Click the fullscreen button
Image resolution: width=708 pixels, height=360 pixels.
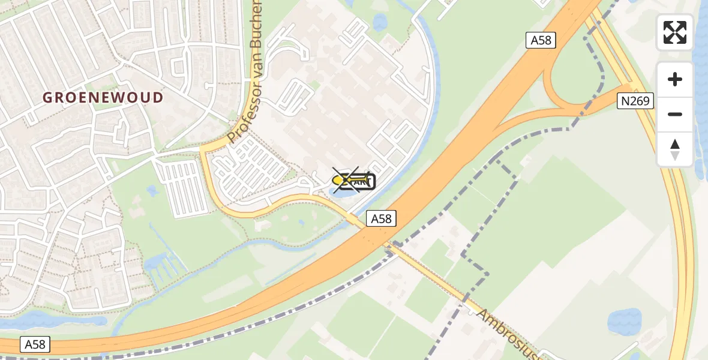(x=675, y=32)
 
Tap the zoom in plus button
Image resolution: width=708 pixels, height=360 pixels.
(x=675, y=79)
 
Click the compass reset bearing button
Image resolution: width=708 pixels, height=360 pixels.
(x=675, y=149)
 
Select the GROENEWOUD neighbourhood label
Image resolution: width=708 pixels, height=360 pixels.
(x=103, y=97)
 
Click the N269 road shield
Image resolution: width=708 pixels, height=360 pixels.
(x=635, y=101)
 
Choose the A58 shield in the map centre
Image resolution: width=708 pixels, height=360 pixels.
(x=381, y=219)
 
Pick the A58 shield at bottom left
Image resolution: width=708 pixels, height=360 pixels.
(x=35, y=344)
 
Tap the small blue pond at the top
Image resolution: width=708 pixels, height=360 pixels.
(x=380, y=22)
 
